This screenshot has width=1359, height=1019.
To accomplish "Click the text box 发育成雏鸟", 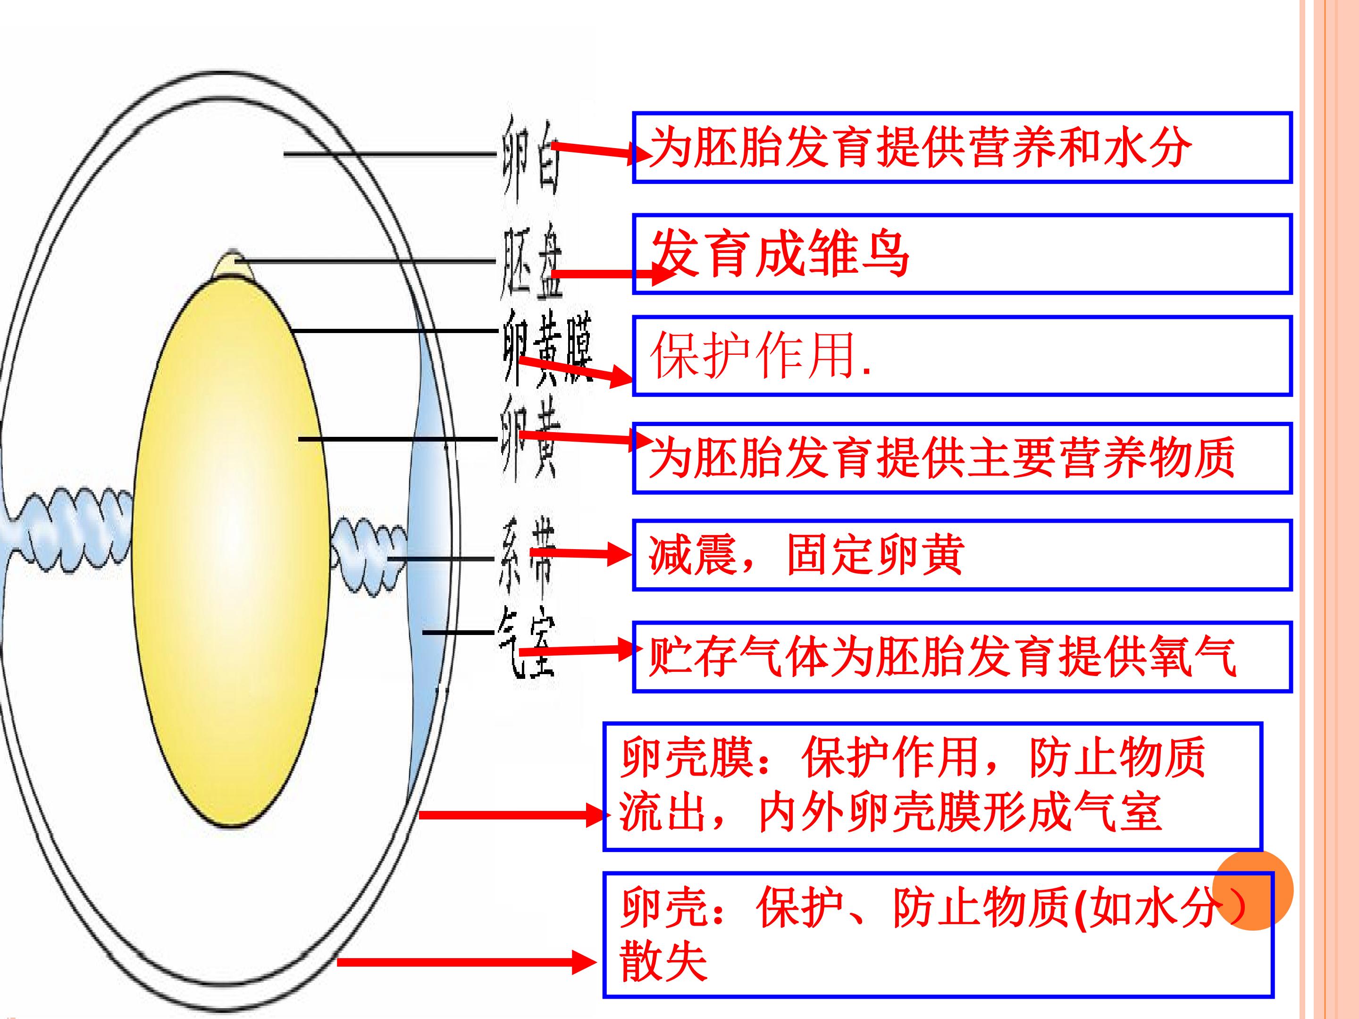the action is pyautogui.click(x=962, y=254).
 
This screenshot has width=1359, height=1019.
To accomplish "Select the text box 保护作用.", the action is pyautogui.click(x=962, y=356).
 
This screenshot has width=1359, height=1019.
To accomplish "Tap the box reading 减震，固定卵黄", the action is pyautogui.click(x=962, y=555).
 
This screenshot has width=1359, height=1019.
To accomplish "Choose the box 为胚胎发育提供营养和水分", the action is pyautogui.click(x=962, y=147).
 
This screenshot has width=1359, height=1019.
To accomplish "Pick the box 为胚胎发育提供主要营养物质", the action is pyautogui.click(x=962, y=458).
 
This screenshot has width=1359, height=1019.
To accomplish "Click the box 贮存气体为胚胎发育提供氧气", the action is pyautogui.click(x=962, y=657).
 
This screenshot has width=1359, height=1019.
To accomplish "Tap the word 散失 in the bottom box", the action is pyautogui.click(x=663, y=962).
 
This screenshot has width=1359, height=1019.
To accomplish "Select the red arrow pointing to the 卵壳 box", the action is pyautogui.click(x=467, y=962).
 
